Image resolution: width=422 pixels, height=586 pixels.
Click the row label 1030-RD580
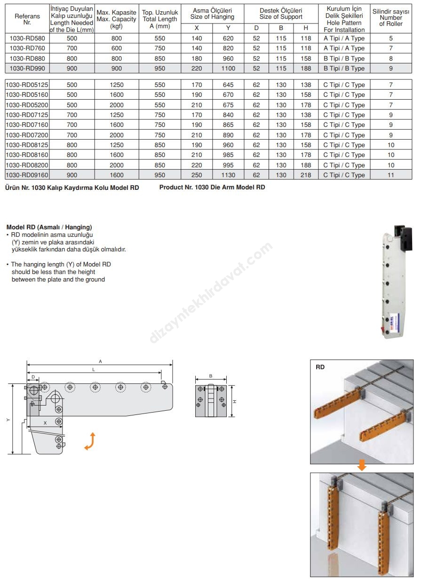click(27, 39)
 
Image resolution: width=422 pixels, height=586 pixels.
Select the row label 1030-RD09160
click(27, 175)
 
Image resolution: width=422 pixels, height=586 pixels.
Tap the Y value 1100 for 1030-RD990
click(228, 69)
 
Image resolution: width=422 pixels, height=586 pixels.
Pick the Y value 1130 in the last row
click(228, 175)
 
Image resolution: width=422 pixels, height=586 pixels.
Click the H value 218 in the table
click(305, 175)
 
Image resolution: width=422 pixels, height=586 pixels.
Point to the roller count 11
click(391, 175)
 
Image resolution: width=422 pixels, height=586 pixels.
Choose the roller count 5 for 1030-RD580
click(391, 39)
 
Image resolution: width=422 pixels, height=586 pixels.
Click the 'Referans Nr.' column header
click(27, 19)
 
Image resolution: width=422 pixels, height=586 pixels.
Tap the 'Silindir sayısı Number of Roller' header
click(391, 17)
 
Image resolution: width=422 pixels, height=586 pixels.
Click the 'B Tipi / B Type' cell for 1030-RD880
click(344, 59)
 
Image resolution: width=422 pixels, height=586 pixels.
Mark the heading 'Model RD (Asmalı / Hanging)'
click(49, 227)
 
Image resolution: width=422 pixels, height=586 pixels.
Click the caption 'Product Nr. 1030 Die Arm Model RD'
click(212, 187)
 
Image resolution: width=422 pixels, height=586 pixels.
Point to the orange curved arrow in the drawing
click(90, 441)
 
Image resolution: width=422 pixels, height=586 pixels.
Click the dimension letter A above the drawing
click(100, 361)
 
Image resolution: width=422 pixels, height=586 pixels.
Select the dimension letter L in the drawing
click(94, 370)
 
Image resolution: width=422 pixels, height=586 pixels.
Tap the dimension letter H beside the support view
click(234, 401)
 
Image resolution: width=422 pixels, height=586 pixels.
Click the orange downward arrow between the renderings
click(361, 466)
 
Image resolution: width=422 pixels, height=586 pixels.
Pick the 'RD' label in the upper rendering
click(320, 367)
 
